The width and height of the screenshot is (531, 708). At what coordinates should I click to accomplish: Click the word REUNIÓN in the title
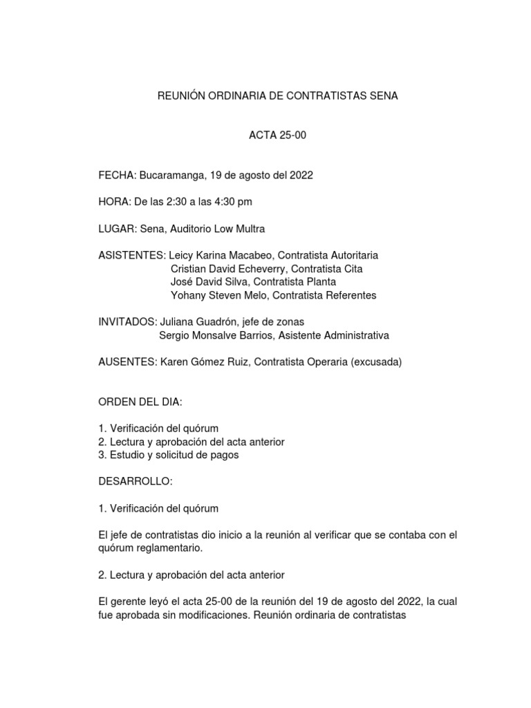pyautogui.click(x=183, y=96)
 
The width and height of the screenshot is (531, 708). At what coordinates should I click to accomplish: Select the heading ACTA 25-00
pyautogui.click(x=277, y=136)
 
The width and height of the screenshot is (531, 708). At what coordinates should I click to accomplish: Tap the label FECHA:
pyautogui.click(x=118, y=175)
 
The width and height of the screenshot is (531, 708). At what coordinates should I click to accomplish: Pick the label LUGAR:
pyautogui.click(x=118, y=229)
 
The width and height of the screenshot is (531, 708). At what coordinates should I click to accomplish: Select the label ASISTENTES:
pyautogui.click(x=132, y=255)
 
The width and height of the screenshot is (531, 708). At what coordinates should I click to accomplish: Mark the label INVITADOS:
pyautogui.click(x=128, y=322)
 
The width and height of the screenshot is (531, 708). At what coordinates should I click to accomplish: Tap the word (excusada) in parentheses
pyautogui.click(x=377, y=362)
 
